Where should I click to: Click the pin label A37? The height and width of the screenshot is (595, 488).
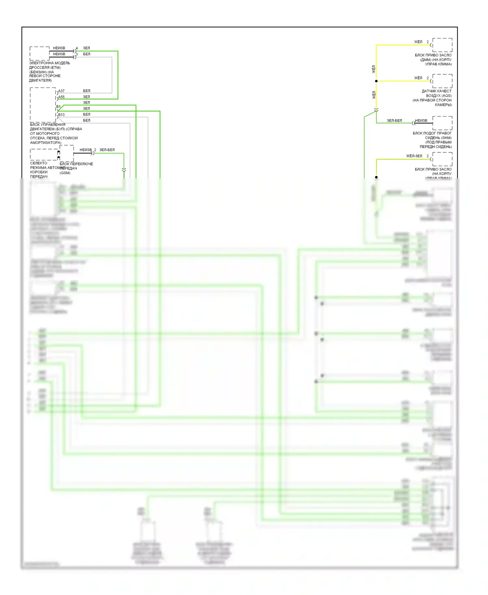click(x=61, y=91)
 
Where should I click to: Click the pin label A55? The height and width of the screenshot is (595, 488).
click(x=61, y=97)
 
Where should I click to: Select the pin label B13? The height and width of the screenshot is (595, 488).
click(x=61, y=115)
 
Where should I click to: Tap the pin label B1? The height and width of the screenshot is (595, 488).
click(x=58, y=106)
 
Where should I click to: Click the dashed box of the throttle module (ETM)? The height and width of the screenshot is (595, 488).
click(x=39, y=53)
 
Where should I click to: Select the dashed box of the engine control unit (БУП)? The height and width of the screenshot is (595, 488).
click(x=43, y=105)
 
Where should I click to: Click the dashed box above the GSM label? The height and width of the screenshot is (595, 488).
click(x=67, y=153)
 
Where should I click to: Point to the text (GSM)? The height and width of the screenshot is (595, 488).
click(x=65, y=173)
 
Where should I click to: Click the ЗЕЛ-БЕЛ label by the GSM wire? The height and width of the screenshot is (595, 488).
click(x=107, y=150)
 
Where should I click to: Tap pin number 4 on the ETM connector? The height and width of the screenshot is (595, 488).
click(x=77, y=48)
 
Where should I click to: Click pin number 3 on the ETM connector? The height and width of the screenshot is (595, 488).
click(x=77, y=54)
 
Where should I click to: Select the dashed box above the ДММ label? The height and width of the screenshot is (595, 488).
click(x=442, y=45)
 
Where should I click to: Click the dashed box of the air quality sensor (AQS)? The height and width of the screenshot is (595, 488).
click(x=442, y=81)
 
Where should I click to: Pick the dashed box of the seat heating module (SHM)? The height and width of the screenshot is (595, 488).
click(x=442, y=123)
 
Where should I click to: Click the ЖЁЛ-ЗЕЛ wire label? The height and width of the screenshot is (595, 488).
click(x=414, y=156)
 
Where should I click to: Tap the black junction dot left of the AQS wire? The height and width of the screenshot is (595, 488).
click(x=376, y=81)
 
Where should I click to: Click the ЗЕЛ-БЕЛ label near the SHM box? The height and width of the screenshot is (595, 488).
click(x=394, y=120)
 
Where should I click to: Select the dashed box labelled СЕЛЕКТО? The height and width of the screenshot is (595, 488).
click(x=44, y=155)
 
